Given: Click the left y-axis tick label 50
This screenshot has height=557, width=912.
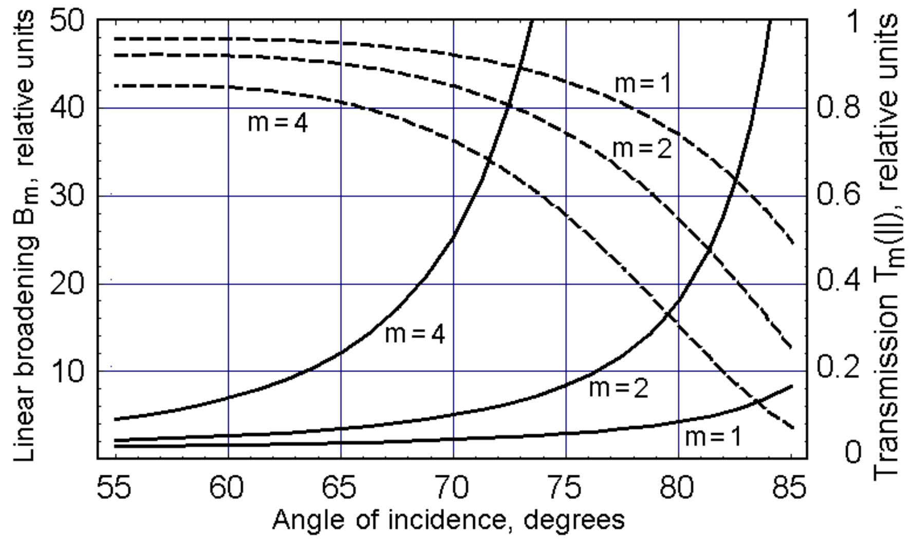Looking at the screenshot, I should coord(67,22).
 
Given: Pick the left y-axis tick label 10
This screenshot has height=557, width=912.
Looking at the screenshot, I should coord(67,370).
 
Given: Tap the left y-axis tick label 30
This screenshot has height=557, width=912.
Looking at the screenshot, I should coord(67,196).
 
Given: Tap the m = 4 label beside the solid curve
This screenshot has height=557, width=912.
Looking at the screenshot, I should coord(415,335).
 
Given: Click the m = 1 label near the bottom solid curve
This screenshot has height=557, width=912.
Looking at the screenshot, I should coord(714,437).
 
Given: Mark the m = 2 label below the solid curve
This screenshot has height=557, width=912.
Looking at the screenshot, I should coord(619,388).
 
